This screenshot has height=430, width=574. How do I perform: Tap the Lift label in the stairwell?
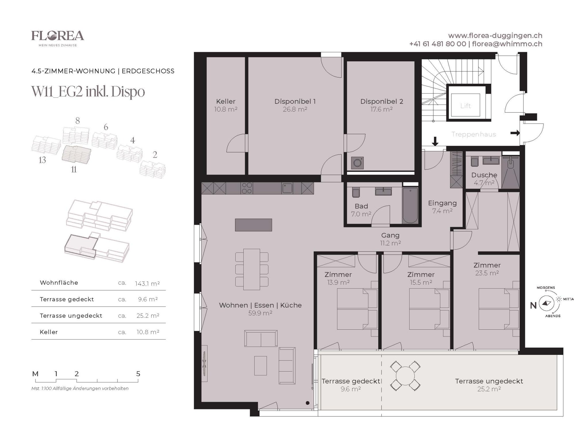point(465,106)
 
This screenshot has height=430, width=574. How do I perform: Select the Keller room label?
point(226,101)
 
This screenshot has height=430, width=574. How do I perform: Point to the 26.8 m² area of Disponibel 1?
point(295,109)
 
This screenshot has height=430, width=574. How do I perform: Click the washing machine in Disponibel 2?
point(357,163)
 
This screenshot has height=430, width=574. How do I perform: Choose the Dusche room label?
point(484,175)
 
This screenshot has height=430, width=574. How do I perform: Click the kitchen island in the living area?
point(253,225)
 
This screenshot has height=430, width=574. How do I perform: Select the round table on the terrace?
point(405,376)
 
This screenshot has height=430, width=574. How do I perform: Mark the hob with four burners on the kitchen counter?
point(247,188)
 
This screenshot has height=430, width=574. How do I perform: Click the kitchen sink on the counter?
point(287,188)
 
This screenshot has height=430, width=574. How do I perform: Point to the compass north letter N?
point(533,306)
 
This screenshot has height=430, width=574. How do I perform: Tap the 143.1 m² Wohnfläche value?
point(147,284)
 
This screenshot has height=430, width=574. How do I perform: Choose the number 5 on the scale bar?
point(138,374)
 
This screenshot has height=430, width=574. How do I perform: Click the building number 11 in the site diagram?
point(74,169)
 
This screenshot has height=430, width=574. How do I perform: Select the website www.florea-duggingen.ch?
point(495,36)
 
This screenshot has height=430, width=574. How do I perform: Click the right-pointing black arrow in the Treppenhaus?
point(515,133)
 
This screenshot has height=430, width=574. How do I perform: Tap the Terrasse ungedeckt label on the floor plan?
point(489,381)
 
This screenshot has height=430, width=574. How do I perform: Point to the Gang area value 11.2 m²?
point(390,243)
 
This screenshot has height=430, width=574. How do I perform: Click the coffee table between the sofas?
point(261,365)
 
